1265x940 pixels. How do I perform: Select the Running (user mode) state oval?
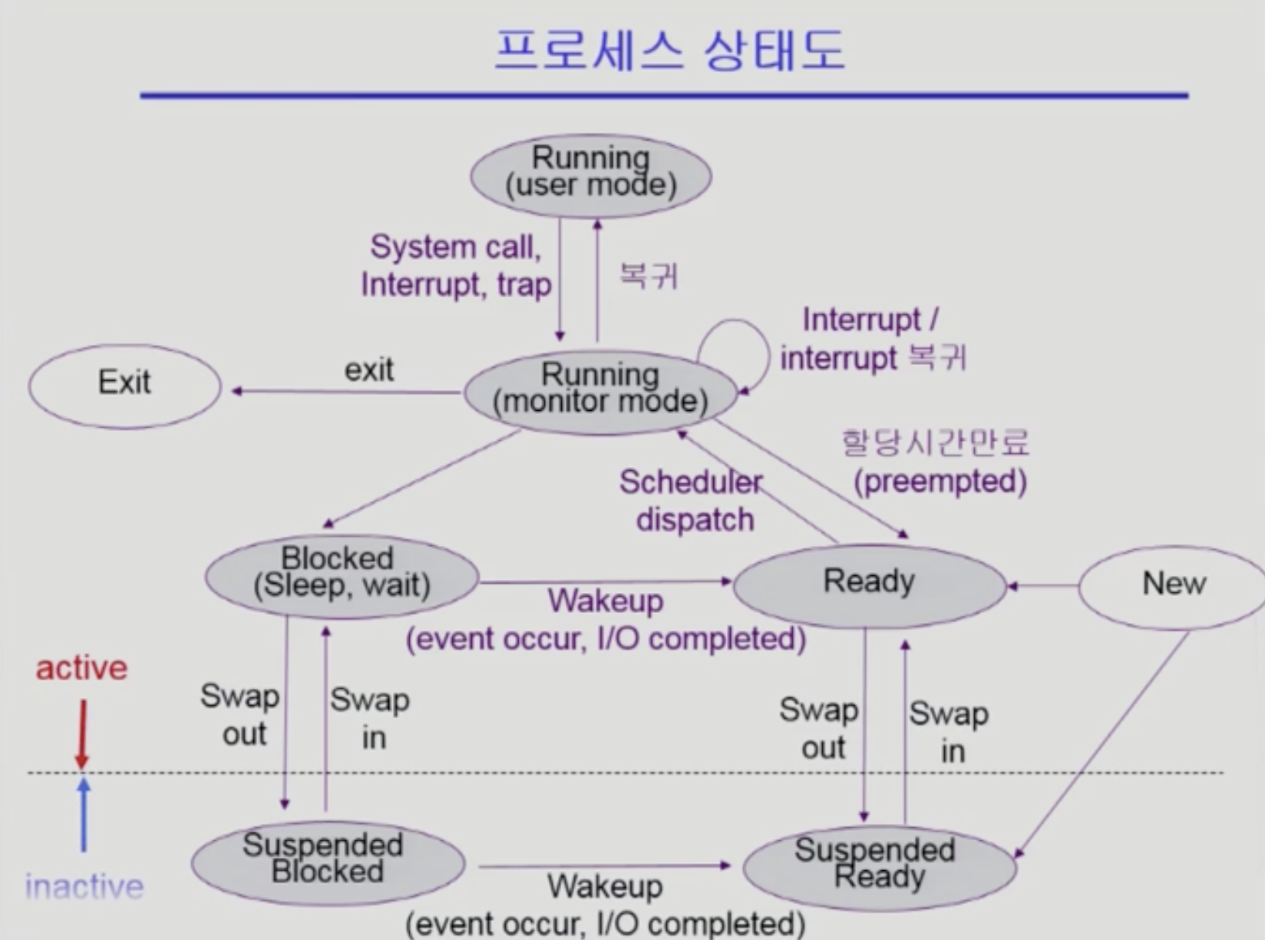coord(590,176)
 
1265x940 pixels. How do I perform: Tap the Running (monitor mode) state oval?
coord(600,392)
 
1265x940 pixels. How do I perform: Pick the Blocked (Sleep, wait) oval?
coord(342,577)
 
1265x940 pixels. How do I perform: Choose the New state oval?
coord(1173,586)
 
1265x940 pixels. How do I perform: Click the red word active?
coord(81,668)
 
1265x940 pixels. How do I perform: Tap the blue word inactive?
coord(84,887)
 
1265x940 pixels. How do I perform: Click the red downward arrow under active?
coord(82,733)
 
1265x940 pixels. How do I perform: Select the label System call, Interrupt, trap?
coord(456,266)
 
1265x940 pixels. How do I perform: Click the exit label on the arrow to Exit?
coord(368,370)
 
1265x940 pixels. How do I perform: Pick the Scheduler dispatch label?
coord(692,501)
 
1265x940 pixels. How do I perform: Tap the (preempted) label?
coord(940,482)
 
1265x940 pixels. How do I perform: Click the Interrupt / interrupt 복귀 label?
coord(873,339)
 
